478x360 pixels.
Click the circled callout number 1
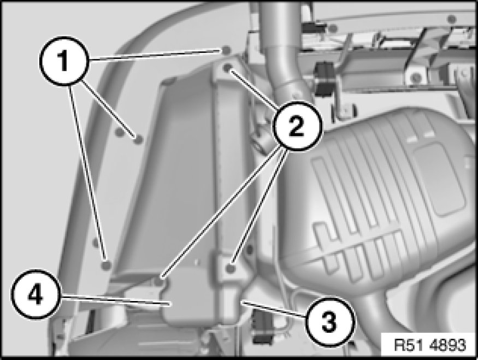coord(64,61)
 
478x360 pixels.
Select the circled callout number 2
coord(296,126)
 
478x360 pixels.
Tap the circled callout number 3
coord(329,322)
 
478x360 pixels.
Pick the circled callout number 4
coord(36,294)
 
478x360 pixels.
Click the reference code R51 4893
coord(430,345)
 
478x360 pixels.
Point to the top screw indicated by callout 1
coord(226,50)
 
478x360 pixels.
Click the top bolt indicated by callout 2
coord(227,68)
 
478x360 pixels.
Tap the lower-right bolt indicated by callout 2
coord(231,268)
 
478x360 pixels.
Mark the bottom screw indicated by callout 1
coord(106,265)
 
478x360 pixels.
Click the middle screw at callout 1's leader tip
coord(138,140)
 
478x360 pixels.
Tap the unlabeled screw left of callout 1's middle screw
coord(120,132)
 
